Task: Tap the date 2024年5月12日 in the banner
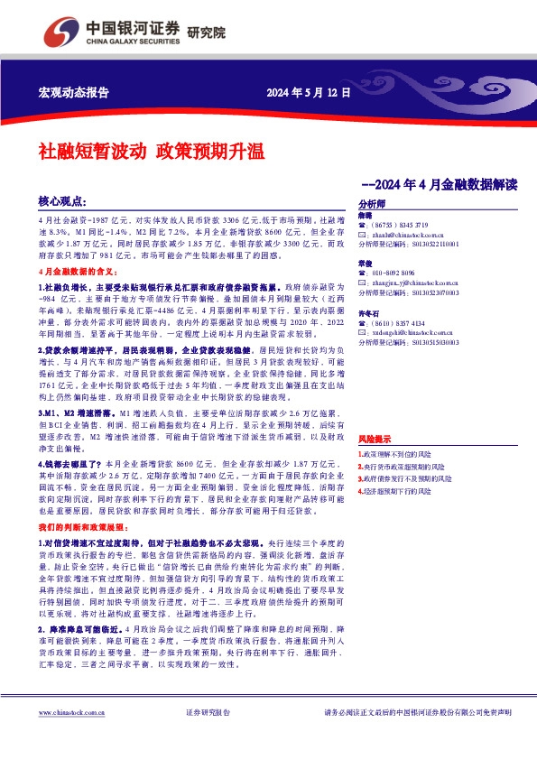coord(307,93)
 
